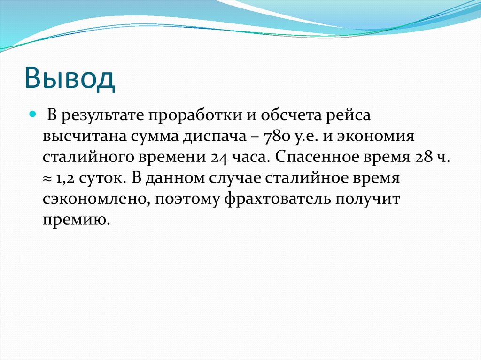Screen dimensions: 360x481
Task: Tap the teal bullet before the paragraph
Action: pyautogui.click(x=33, y=114)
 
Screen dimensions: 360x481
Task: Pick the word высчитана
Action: pyautogui.click(x=82, y=137)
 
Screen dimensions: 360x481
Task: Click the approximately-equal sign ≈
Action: pyautogui.click(x=47, y=179)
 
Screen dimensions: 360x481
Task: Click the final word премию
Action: pyautogui.click(x=76, y=219)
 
